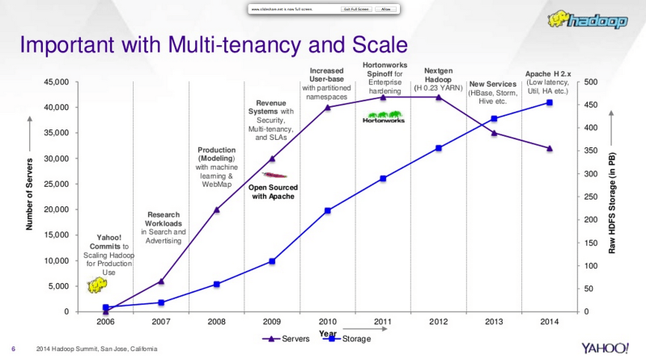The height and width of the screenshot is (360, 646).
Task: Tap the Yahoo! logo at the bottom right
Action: pos(605,348)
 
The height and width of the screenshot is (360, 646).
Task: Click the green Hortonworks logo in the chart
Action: pos(383,119)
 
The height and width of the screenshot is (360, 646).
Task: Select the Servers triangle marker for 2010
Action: pos(327,107)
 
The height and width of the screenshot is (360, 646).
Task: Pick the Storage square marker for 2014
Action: pos(550,103)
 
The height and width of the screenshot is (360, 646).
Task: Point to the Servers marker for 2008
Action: pos(216,210)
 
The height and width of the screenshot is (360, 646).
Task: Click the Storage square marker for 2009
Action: pos(272,261)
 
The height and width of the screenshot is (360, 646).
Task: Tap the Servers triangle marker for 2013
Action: pos(494,133)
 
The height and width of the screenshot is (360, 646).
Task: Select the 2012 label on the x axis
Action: pos(438,322)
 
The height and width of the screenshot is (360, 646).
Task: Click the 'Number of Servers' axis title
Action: pos(29,197)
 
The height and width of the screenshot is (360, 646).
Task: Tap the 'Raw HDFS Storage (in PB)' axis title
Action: pos(613,197)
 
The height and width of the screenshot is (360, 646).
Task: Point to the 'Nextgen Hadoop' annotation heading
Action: pos(438,75)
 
